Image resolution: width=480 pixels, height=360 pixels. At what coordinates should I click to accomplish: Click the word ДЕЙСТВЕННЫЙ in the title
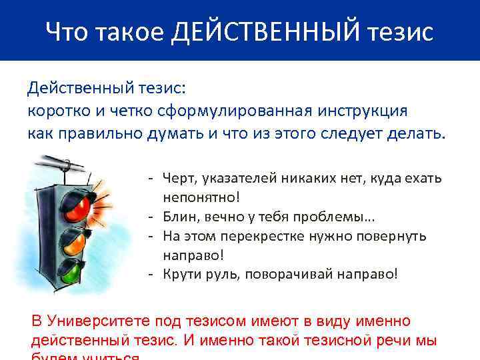pyautogui.click(x=267, y=31)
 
